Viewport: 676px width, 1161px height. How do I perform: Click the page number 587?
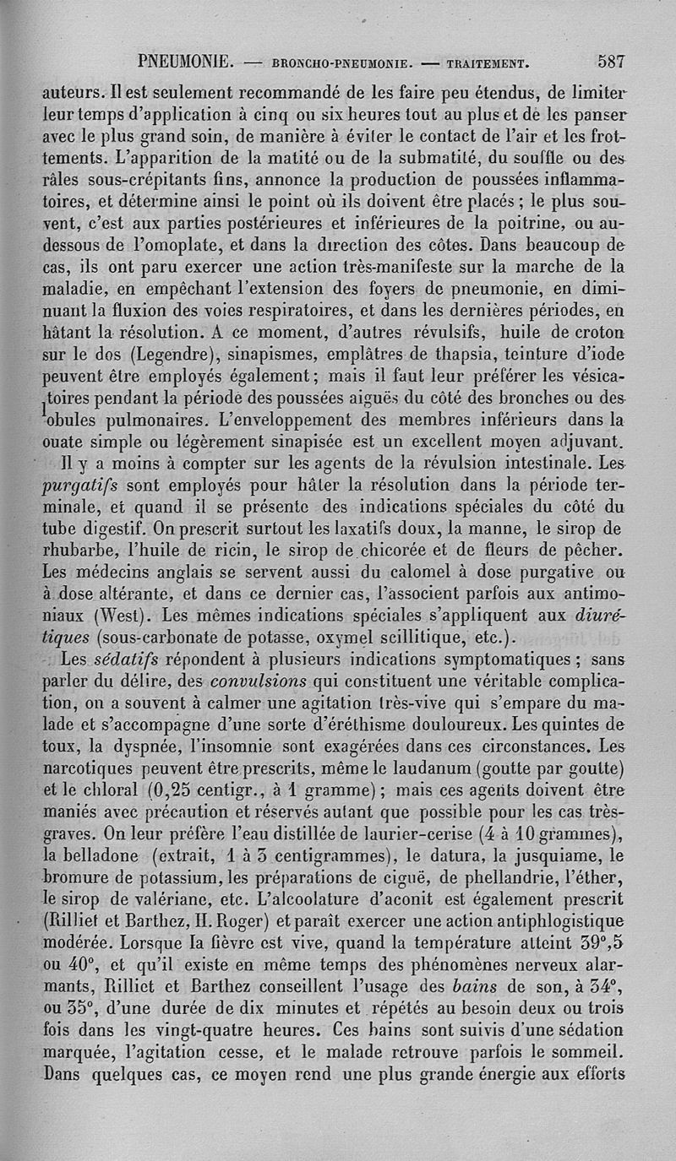click(610, 62)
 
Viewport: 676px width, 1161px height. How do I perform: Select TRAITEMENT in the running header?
click(488, 62)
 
